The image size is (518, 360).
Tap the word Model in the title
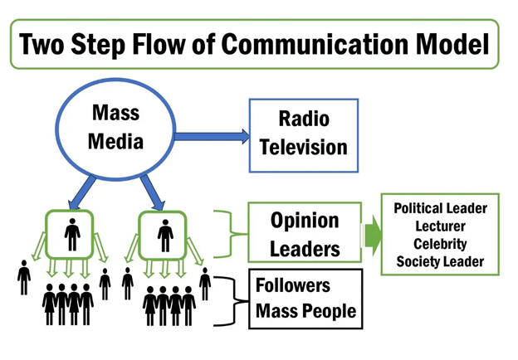point(452,44)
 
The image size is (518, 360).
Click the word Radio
point(304,119)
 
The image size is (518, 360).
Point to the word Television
point(304,147)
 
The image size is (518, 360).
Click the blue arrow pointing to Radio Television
point(212,137)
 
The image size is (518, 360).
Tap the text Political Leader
point(440,208)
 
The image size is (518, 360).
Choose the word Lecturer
point(440,226)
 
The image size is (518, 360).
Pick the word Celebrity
point(440,244)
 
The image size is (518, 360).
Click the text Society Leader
point(440,261)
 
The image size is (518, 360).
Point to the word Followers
point(293,285)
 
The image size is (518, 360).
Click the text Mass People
point(306,311)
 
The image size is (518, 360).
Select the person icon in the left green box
point(72,234)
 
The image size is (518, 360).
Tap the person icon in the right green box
point(165,236)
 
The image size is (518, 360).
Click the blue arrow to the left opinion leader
point(81,192)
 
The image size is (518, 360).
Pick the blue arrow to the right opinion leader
point(152,192)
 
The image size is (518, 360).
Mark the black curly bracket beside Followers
point(235,301)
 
